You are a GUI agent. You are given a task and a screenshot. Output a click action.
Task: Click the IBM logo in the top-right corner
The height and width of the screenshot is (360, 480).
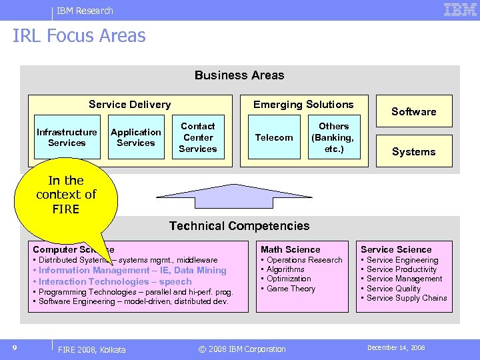460,9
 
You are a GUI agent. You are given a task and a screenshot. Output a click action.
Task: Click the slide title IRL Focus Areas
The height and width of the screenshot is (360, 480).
79,36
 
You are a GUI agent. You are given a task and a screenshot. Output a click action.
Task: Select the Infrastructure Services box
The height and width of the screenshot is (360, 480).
67,137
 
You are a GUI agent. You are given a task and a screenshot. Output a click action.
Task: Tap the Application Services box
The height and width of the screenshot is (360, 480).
136,137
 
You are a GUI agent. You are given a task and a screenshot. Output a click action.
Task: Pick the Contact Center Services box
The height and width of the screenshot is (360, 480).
198,137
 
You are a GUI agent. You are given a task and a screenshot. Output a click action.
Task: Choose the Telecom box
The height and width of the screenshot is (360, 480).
274,137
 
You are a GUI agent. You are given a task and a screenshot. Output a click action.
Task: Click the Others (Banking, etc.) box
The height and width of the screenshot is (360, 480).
333,137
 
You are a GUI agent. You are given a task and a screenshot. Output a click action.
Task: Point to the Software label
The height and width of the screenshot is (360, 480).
413,112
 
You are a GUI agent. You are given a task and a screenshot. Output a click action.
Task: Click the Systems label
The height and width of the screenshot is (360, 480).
413,152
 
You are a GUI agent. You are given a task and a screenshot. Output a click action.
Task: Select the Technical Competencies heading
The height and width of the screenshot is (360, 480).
239,226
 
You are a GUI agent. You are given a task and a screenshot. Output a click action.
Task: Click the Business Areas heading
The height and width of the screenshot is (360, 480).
239,75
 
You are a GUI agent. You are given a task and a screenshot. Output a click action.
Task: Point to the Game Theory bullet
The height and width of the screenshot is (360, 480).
291,289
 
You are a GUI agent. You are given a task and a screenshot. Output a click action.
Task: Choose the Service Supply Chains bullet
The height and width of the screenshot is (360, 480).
407,298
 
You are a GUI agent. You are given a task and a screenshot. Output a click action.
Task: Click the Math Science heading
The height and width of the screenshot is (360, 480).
290,249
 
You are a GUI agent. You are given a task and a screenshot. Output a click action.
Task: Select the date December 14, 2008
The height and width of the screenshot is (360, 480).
396,348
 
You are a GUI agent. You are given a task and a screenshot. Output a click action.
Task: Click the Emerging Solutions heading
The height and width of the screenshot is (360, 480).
303,105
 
